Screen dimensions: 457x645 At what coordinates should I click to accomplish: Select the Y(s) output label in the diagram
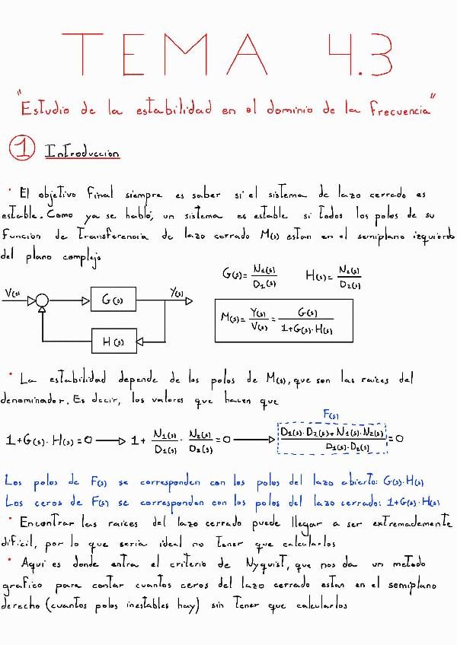177,293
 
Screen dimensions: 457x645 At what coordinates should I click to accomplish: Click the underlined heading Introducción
82,152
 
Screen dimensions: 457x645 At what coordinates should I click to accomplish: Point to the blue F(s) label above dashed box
331,415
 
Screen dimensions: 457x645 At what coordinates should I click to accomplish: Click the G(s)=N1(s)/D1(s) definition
251,278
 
